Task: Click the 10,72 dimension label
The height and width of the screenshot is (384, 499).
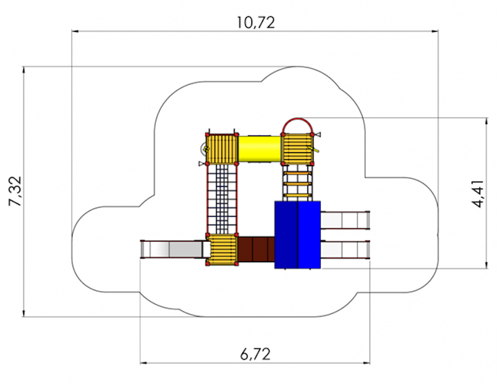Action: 256,22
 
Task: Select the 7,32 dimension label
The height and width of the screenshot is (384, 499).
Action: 15,191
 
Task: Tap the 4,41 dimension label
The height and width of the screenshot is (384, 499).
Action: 478,194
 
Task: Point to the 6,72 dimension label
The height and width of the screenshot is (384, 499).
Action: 255,354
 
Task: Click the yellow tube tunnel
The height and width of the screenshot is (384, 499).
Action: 259,149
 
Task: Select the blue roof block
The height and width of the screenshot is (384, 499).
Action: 298,235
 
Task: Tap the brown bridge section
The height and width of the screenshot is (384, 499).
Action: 256,249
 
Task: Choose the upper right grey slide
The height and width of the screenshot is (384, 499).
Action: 345,220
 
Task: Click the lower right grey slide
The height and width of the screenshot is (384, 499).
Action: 345,250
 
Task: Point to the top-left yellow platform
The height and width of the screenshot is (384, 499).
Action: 222,149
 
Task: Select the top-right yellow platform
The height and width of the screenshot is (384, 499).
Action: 298,149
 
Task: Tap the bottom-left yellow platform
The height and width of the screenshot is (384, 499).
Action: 222,249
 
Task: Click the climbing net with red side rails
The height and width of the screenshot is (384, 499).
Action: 222,199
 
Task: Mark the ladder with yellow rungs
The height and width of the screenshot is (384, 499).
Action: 298,182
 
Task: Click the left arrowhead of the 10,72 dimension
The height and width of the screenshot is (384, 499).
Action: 75,31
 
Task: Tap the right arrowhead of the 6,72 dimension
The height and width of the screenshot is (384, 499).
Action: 366,363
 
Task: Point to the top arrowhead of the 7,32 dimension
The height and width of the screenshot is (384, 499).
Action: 24,70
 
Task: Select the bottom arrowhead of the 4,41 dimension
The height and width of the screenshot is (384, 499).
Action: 487,265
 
